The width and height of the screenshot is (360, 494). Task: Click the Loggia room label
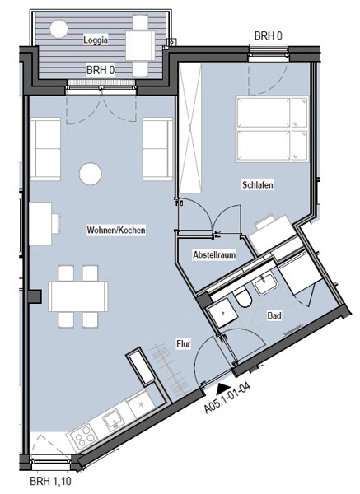pos(96,40)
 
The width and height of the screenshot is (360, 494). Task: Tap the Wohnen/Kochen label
pos(116,230)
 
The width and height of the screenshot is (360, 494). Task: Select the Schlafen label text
pos(258,184)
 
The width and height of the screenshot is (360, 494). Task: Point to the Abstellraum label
pos(214,254)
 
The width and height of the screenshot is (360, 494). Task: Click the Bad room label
pos(274,315)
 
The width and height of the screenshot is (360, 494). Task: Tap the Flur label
pos(184,343)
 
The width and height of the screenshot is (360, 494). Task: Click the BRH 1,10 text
pos(50,482)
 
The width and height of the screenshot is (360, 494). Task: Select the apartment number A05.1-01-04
pos(227,398)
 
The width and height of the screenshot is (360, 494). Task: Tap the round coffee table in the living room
pos(91,174)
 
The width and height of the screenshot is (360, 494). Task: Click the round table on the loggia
pos(59,29)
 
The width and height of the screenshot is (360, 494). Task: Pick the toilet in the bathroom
pos(243,298)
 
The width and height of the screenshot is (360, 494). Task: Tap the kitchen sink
pos(113,420)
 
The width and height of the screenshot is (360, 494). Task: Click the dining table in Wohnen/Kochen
pos(78,296)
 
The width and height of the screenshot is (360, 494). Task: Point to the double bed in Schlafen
pos(272,129)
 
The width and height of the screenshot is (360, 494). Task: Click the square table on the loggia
pos(141,45)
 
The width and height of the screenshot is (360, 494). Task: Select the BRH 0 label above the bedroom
pos(269,36)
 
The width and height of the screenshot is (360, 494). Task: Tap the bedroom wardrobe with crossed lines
pos(190,128)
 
